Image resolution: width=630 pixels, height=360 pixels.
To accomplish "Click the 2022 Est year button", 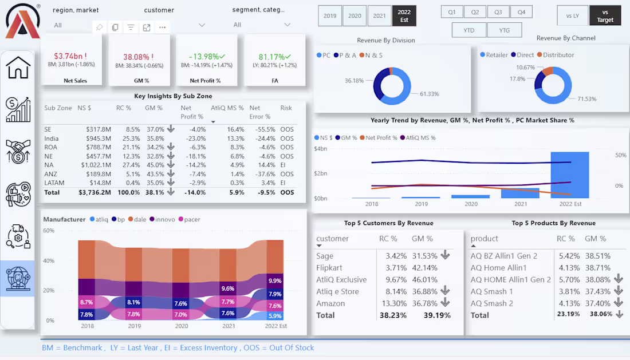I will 404,16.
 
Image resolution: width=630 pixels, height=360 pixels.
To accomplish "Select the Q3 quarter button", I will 498,12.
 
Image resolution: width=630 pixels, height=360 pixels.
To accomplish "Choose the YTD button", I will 468,30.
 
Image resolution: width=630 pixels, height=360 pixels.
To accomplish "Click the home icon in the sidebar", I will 18,68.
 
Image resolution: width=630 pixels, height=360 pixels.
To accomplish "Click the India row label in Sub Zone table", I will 52,139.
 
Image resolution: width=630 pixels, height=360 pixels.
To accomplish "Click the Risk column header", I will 286,108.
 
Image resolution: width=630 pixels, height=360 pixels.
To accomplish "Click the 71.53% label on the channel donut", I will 587,99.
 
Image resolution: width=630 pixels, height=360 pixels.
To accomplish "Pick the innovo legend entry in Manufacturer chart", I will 165,219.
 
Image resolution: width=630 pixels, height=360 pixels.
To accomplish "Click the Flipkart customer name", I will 329,268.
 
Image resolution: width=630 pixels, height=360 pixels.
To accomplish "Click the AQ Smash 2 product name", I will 491,303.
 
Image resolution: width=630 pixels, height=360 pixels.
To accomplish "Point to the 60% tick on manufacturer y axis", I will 49,231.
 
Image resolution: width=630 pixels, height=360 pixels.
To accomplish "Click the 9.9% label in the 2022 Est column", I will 275,281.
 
